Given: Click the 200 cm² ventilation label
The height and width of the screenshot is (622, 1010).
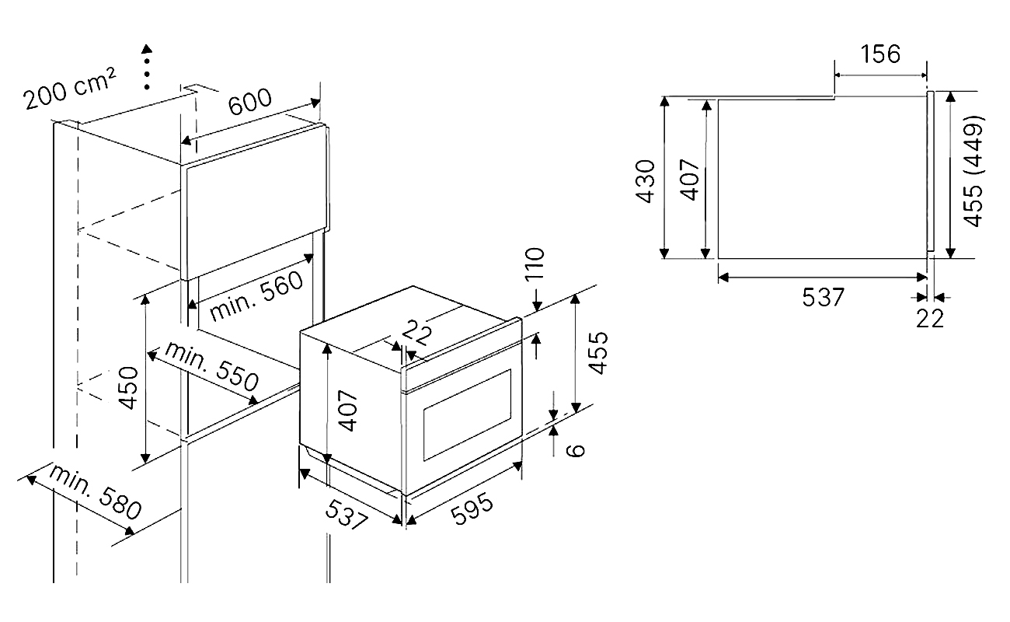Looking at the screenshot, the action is (x=70, y=89).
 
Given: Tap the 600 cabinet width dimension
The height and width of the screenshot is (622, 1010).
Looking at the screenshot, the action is (x=250, y=101).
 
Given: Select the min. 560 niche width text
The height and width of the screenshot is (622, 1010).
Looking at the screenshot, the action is (x=256, y=295).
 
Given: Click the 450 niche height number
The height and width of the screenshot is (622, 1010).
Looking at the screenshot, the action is (x=130, y=388).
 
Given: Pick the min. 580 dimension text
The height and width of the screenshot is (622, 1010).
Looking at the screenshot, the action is (x=95, y=491).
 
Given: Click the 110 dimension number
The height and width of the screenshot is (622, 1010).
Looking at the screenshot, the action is (x=535, y=264).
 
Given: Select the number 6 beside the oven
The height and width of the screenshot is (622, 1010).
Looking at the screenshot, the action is (x=575, y=450).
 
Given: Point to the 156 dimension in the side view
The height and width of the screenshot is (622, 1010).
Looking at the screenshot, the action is (x=880, y=54).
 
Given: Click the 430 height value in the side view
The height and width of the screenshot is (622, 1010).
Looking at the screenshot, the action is (x=645, y=181).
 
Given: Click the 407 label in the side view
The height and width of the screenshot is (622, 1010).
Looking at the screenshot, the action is (x=690, y=179).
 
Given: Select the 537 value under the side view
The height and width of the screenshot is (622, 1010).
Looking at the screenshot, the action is (x=823, y=298).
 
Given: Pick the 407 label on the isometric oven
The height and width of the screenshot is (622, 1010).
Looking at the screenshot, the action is (x=347, y=411).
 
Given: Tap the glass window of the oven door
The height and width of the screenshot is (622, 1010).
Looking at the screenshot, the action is (x=467, y=415).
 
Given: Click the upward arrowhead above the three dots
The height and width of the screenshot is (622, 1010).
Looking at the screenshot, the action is (x=147, y=49).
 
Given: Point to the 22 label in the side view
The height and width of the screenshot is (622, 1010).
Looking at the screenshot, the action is (x=930, y=319).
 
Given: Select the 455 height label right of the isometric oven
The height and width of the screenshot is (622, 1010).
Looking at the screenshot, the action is (x=598, y=353).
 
